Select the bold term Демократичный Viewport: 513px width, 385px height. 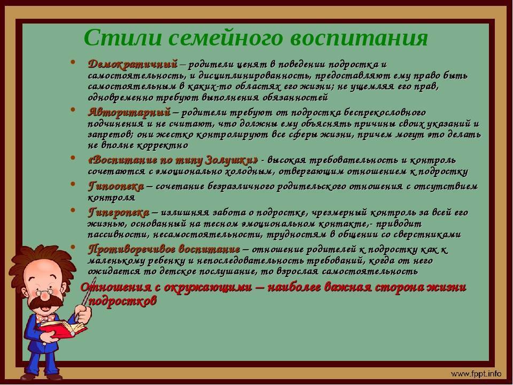133,64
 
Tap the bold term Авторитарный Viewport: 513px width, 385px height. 129,112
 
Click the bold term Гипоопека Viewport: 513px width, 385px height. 116,187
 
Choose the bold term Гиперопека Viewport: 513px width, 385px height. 119,213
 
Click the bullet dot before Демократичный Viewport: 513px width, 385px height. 73,62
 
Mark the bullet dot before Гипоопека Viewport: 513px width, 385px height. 73,184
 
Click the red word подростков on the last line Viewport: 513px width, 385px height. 122,301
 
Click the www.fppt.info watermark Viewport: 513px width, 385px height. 476,374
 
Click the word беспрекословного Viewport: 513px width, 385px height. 384,113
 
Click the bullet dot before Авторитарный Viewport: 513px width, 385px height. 73,110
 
